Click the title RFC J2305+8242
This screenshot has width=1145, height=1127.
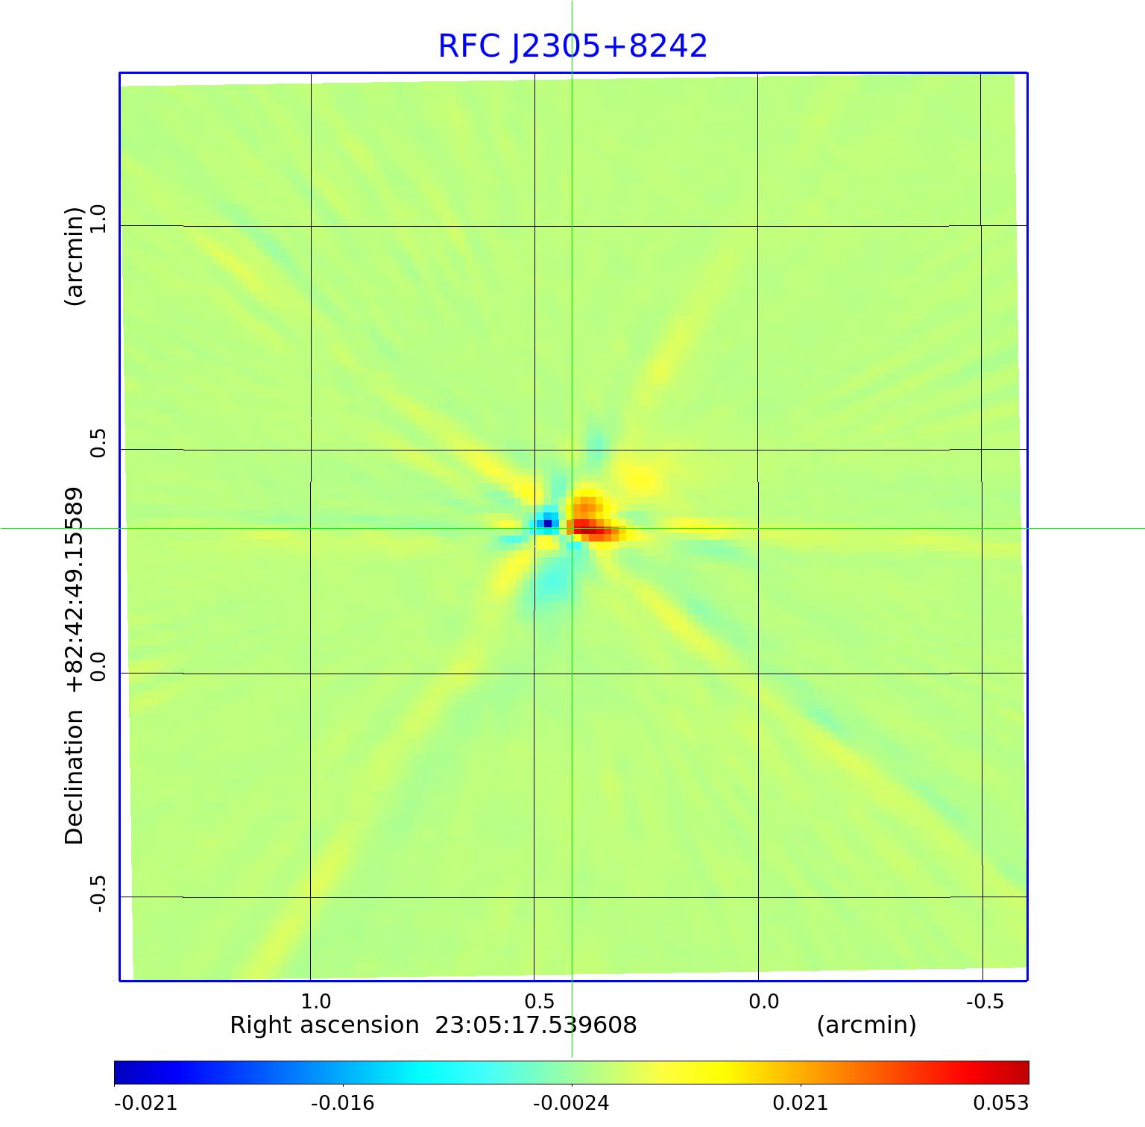point(572,46)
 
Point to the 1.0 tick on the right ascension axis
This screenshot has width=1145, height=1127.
point(315,1001)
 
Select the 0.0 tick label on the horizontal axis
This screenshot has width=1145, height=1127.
point(763,1001)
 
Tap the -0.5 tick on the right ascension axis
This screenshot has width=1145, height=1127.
point(985,1001)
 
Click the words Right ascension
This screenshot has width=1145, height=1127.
point(324,1026)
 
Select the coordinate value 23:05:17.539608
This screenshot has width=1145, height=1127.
point(536,1026)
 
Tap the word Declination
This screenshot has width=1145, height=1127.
point(75,776)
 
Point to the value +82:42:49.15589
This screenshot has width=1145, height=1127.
point(75,590)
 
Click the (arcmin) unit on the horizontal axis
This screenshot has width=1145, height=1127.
point(866,1026)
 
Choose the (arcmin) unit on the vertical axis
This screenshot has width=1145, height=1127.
point(75,257)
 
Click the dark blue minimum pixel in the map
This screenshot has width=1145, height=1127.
point(548,524)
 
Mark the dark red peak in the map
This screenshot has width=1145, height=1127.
point(596,530)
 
